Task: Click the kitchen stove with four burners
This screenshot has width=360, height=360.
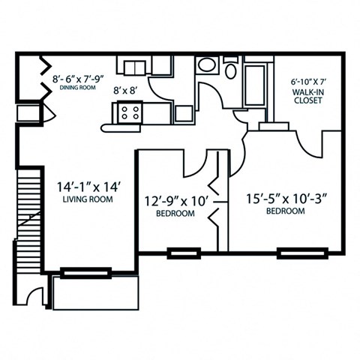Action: click(129, 113)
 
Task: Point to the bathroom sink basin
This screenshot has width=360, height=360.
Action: click(206, 65)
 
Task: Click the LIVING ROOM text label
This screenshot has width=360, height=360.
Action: click(87, 200)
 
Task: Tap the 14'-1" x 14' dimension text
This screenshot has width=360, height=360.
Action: click(87, 186)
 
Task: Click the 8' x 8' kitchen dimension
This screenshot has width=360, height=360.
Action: click(125, 90)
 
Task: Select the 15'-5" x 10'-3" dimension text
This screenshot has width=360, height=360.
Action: click(286, 199)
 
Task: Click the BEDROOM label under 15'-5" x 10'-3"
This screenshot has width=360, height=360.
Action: click(286, 212)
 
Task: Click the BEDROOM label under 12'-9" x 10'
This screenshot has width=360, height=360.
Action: click(175, 214)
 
